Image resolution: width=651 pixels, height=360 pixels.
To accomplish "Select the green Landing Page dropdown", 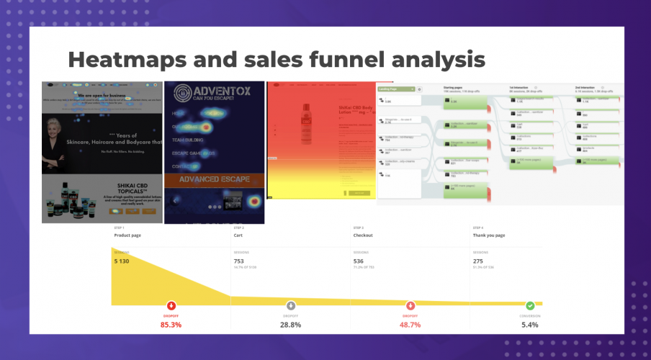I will (396, 89).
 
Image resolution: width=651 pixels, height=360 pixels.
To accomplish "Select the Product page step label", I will (127, 235).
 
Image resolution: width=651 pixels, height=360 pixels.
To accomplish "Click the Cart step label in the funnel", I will (238, 235).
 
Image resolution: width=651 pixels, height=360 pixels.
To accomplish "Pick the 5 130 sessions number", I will (127, 262).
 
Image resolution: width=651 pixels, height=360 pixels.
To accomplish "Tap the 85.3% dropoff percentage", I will (171, 325).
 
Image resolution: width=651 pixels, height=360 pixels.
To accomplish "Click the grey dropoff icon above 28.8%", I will (291, 305).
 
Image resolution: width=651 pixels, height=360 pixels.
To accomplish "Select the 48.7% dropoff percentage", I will (410, 325).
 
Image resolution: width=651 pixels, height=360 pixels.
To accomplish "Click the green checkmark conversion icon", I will (530, 305).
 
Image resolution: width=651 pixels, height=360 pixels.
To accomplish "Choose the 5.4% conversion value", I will (530, 325).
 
